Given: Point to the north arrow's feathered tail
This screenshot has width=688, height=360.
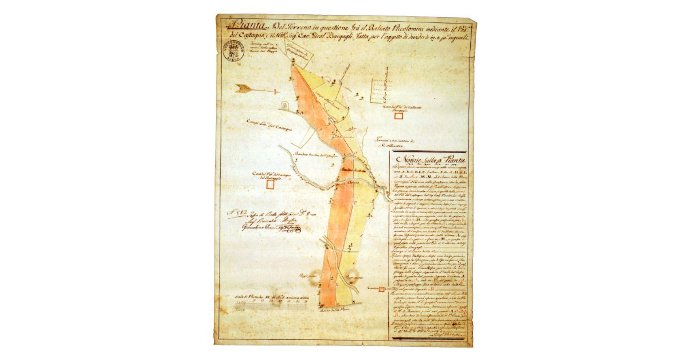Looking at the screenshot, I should click(244, 88).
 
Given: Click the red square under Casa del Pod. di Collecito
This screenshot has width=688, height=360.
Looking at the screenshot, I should click(399, 116).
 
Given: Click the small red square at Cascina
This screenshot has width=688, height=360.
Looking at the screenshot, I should click(381, 288).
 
